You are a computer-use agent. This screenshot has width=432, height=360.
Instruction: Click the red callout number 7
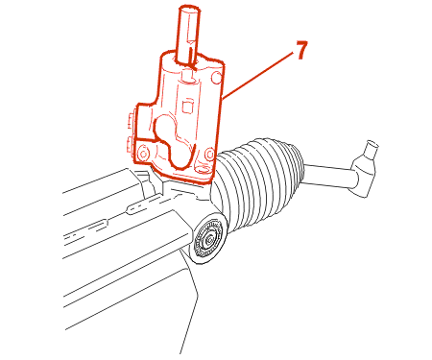pyautogui.click(x=301, y=50)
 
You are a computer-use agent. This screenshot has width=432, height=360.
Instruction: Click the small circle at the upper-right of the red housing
pyautogui.click(x=217, y=78)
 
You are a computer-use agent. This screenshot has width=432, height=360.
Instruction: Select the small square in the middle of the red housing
pyautogui.click(x=188, y=107)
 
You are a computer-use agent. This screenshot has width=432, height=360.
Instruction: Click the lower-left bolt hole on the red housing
pyautogui.click(x=143, y=154)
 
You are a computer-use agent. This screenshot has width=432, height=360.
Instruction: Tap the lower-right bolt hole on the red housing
pyautogui.click(x=209, y=155)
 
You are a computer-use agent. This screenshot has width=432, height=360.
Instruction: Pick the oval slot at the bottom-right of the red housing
pyautogui.click(x=202, y=169)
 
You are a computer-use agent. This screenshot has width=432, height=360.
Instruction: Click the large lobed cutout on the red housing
pyautogui.click(x=174, y=142)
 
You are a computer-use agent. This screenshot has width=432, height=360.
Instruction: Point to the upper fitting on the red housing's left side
pyautogui.click(x=131, y=121)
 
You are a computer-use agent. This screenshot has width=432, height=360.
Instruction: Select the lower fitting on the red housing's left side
pyautogui.click(x=131, y=146)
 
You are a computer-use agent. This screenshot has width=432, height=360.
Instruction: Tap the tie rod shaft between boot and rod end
pyautogui.click(x=328, y=176)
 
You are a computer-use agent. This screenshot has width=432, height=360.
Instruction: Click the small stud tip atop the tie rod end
pyautogui.click(x=372, y=147)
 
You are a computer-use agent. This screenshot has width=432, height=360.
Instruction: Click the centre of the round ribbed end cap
pyautogui.click(x=209, y=239)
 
